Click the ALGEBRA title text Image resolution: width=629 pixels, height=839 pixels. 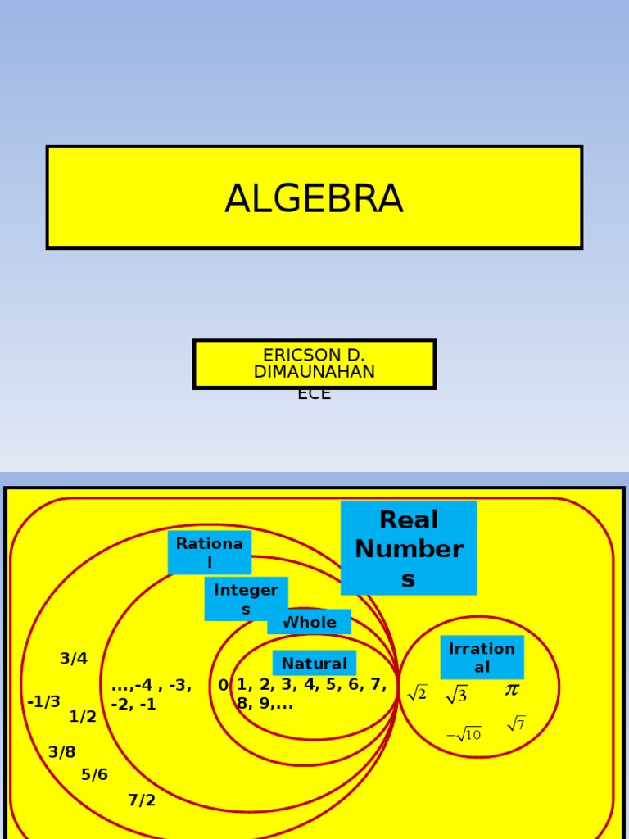pos(314,199)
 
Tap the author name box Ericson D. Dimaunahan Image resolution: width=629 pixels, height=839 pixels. pos(314,364)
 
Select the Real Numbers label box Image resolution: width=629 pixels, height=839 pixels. pos(408,548)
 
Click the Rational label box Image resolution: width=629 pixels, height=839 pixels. pos(209,552)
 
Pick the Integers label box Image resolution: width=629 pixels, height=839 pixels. pos(246,599)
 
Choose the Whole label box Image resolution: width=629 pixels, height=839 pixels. pos(309,623)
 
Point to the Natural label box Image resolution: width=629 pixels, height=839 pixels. pos(314,664)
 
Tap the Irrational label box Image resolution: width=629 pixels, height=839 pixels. pos(482,657)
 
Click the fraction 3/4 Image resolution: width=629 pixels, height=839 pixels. pos(74,659)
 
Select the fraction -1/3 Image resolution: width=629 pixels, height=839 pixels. pos(43,702)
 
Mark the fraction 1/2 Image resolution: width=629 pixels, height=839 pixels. pos(83,717)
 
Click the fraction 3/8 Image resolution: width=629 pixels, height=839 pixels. pos(61,752)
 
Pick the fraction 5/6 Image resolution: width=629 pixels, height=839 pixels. pos(94,775)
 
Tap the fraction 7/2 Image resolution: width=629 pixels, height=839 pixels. pos(142,800)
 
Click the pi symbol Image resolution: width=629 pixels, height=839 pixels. pos(512,690)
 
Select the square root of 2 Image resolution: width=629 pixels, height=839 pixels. pos(417,693)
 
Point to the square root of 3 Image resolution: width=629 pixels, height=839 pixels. pos(456,695)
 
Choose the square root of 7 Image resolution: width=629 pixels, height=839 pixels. pos(516,723)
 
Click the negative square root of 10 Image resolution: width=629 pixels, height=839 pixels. pos(464,734)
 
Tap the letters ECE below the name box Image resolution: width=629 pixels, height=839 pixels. pos(314,395)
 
